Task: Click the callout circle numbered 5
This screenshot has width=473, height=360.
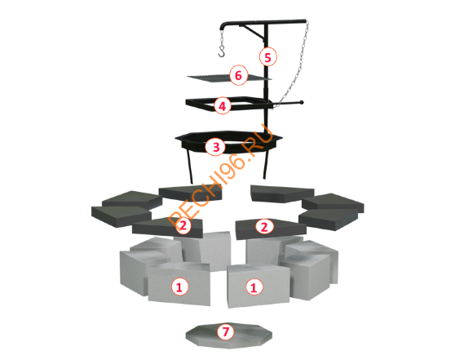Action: click(267, 57)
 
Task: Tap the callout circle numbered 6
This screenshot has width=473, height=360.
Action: click(238, 75)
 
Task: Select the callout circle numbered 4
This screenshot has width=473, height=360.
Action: click(223, 106)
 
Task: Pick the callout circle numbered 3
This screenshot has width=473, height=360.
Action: click(216, 147)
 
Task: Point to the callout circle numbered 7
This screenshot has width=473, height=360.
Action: click(226, 331)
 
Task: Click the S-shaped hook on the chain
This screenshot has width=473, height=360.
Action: click(222, 51)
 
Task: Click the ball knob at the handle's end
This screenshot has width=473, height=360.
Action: click(302, 102)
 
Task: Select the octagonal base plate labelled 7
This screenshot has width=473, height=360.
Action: click(228, 336)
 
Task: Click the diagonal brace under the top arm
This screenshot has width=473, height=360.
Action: click(253, 32)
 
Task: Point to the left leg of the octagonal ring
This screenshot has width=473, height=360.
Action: click(190, 167)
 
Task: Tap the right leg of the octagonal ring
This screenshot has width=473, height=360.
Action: click(265, 165)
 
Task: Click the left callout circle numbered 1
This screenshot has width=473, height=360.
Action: click(179, 287)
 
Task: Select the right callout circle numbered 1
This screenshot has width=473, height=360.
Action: click(254, 287)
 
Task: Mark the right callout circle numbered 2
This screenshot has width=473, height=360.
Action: click(264, 226)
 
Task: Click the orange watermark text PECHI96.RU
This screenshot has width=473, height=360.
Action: click(220, 176)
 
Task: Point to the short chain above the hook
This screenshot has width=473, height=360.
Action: click(222, 38)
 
